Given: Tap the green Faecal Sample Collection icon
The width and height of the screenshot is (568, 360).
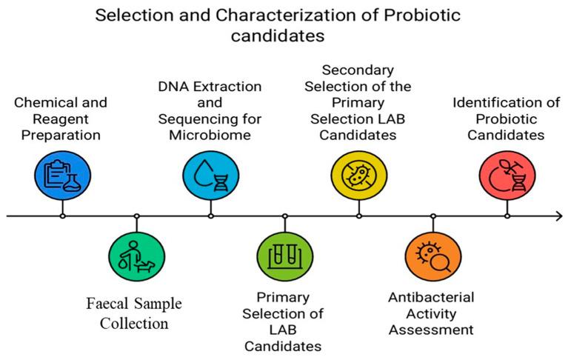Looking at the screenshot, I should pos(137,257).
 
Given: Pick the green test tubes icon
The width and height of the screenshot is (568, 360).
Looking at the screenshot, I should pos(285,257).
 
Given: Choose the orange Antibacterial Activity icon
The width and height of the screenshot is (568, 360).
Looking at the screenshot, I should pos(433,257).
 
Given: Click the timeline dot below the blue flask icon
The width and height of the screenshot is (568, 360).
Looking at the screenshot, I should pos(62,216).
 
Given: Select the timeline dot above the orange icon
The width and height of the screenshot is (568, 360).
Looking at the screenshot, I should pos(433,216).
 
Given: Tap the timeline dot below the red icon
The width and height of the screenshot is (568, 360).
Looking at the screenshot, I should pos(507,216).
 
